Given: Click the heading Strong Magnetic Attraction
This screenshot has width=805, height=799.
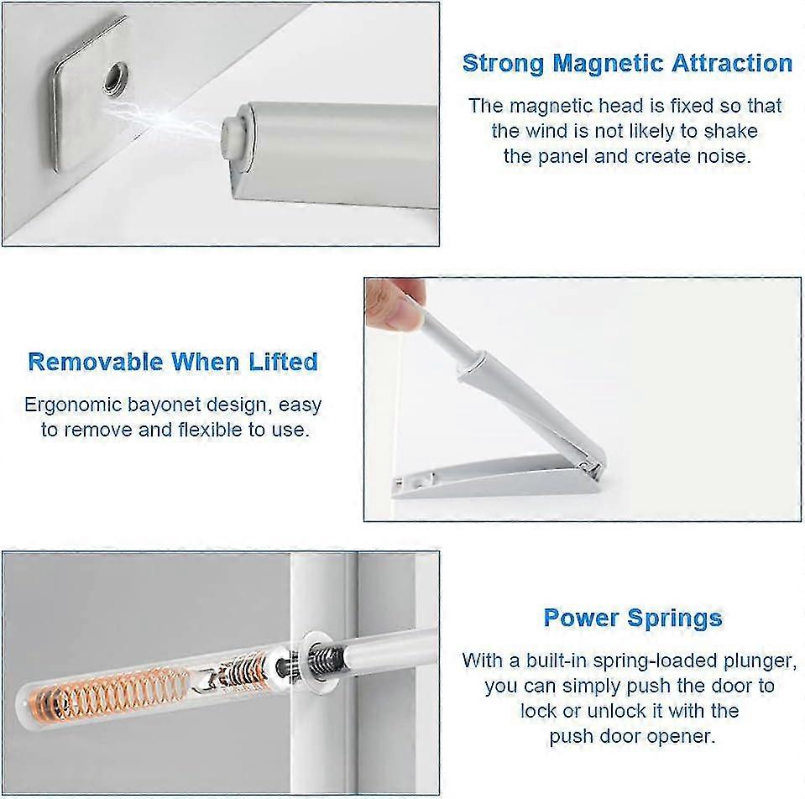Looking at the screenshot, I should [627, 63].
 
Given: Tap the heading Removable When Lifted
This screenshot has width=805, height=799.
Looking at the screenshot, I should [173, 362].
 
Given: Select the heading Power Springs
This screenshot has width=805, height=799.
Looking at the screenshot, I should [632, 618].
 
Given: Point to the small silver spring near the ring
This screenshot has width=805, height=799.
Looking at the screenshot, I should [328, 655].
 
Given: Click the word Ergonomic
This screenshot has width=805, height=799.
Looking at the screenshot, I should [72, 405].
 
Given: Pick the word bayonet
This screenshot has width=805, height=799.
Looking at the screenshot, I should [166, 405].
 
